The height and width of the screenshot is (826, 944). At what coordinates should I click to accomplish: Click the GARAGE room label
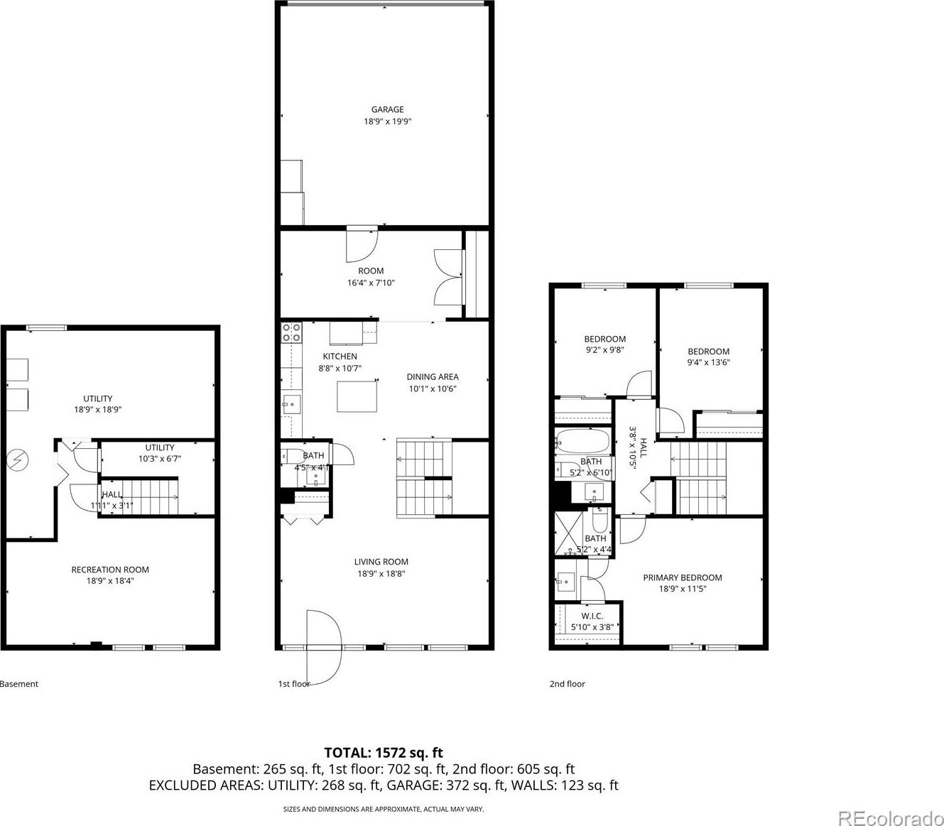click(x=387, y=109)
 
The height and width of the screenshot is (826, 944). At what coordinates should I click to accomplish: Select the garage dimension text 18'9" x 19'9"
click(x=387, y=121)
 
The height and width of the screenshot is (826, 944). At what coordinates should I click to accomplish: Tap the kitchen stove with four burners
click(x=292, y=332)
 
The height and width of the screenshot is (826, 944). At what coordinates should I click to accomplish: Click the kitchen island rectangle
click(x=357, y=396)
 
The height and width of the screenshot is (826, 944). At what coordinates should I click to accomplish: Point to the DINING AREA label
click(x=433, y=377)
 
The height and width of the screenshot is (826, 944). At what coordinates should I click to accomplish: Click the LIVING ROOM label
click(x=381, y=562)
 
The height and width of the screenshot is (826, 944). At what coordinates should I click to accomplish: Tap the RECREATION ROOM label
click(x=110, y=570)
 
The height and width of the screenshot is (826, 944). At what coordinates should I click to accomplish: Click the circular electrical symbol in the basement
click(x=18, y=460)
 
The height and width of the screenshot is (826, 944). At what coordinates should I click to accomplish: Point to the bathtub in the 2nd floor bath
click(x=582, y=442)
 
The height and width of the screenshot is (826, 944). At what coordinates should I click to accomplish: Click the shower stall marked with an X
click(x=568, y=533)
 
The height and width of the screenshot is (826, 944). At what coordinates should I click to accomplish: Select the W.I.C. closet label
click(x=592, y=616)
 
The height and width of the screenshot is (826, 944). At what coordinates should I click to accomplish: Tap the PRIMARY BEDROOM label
click(x=683, y=577)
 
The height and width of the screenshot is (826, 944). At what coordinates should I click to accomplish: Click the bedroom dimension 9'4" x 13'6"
click(x=708, y=362)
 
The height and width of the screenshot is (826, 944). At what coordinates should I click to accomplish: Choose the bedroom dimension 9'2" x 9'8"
click(x=605, y=350)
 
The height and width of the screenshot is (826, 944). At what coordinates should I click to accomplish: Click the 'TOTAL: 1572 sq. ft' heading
click(x=384, y=753)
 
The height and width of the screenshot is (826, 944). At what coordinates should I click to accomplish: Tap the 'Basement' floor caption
click(x=18, y=684)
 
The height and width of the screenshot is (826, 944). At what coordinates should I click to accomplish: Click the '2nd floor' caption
click(x=567, y=684)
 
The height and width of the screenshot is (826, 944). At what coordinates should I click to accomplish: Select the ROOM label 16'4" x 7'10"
click(x=371, y=277)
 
